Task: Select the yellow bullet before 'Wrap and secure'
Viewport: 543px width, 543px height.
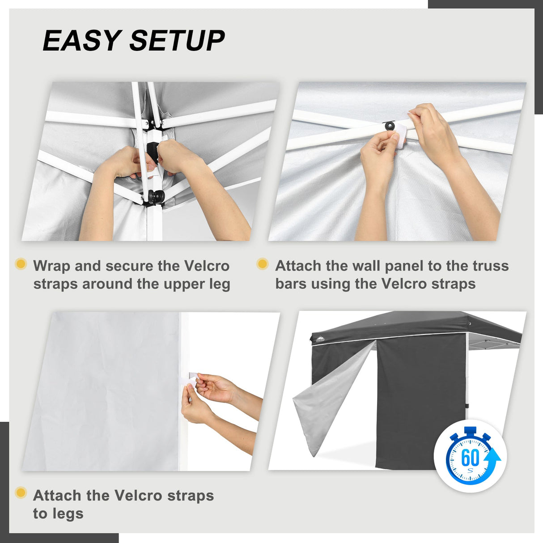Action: pyautogui.click(x=21, y=264)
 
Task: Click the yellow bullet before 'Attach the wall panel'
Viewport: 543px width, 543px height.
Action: pyautogui.click(x=263, y=264)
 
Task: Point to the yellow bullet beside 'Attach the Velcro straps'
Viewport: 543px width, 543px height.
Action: pyautogui.click(x=21, y=493)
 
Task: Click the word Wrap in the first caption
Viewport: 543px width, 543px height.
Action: pyautogui.click(x=51, y=266)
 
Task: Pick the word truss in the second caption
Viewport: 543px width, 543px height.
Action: pyautogui.click(x=491, y=266)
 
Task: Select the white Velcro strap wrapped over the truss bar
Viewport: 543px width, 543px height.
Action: pyautogui.click(x=400, y=133)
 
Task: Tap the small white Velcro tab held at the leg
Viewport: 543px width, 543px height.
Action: pyautogui.click(x=190, y=378)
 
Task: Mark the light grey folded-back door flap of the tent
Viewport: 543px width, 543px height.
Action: pyautogui.click(x=327, y=403)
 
